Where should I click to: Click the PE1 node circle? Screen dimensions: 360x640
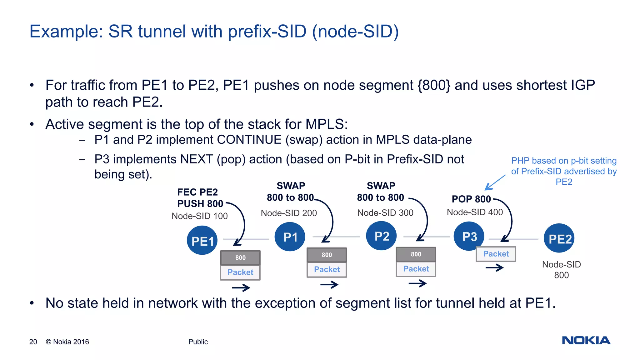202,240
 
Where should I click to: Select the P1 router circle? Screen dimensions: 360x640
290,237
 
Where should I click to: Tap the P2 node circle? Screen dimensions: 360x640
381,236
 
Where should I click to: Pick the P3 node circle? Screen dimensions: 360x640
469,236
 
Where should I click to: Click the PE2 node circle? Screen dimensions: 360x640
559,238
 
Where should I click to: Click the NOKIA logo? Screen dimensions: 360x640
586,340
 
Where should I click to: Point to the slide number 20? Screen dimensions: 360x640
33,342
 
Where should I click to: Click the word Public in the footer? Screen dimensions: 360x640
198,342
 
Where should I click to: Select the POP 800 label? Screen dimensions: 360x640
471,199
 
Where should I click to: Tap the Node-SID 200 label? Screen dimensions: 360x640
289,213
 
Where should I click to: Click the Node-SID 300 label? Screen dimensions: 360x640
385,213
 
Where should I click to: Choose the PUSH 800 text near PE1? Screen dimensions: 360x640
200,204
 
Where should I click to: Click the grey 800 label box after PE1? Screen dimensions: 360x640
240,258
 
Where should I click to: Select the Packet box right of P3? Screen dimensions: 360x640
496,254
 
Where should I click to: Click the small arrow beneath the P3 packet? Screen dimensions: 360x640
494,267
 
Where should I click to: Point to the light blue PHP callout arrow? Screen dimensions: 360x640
495,183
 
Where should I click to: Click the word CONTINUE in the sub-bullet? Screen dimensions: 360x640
249,140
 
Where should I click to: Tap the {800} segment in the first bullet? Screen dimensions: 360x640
434,85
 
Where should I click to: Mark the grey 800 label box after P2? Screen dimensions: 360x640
416,254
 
